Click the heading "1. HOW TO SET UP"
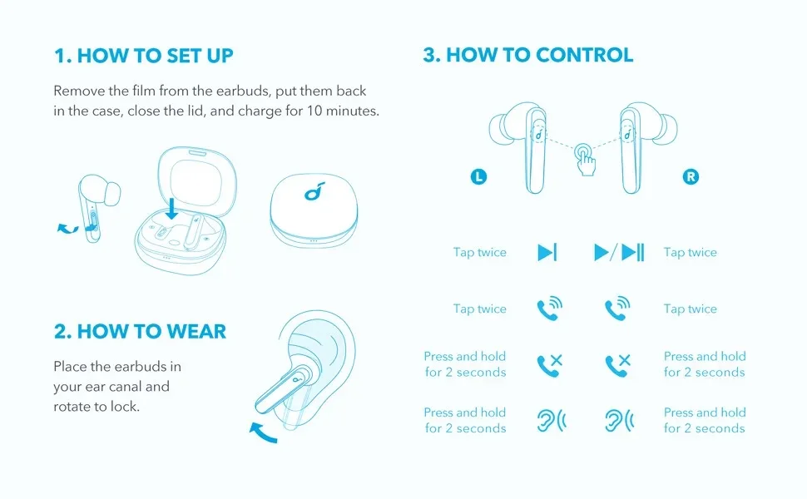144,56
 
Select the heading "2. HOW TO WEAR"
140,331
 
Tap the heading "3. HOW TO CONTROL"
528,55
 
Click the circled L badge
478,177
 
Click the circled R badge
691,177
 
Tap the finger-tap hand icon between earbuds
585,160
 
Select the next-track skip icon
547,253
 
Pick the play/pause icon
619,253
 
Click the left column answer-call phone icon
550,309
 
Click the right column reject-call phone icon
617,365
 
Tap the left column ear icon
552,420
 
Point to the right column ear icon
619,420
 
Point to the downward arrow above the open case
172,208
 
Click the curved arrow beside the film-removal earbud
67,229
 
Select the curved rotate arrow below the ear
264,432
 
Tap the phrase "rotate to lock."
97,407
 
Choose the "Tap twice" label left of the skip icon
480,253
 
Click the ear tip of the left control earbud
499,130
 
